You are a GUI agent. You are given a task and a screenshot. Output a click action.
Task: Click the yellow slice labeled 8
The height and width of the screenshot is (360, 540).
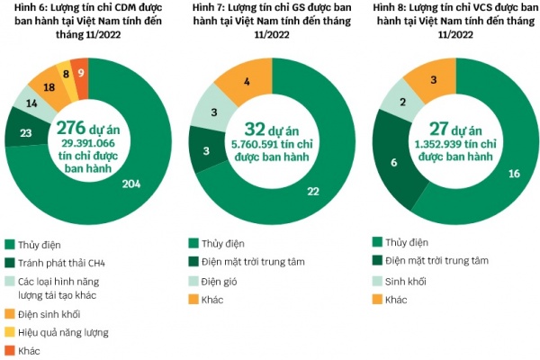click(x=66, y=73)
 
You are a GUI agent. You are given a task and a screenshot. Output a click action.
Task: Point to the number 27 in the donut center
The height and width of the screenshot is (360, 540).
click(x=438, y=127)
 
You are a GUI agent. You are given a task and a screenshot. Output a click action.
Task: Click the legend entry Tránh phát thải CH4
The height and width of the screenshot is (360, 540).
click(x=67, y=262)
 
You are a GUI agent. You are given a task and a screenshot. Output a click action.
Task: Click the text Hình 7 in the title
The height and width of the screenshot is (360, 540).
click(x=212, y=9)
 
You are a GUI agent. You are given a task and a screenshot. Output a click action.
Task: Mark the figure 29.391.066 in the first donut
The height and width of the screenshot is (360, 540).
click(x=88, y=143)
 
